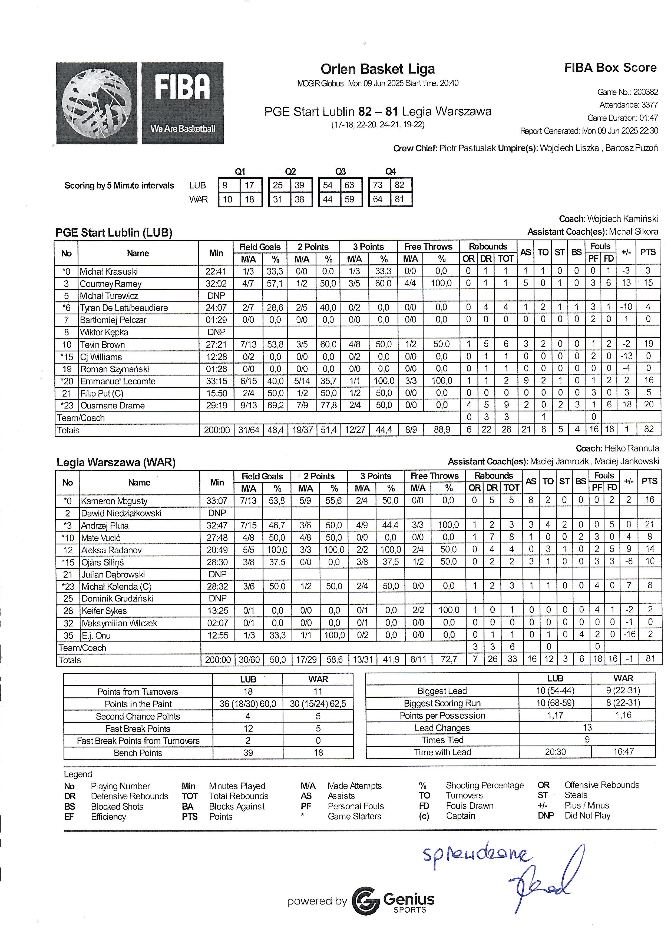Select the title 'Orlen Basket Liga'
coord(378,69)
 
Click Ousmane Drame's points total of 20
coord(648,405)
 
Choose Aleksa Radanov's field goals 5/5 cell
coord(249,550)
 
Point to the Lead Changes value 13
coord(587,727)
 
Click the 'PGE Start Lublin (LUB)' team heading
coord(114,232)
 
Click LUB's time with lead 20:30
coord(555,752)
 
